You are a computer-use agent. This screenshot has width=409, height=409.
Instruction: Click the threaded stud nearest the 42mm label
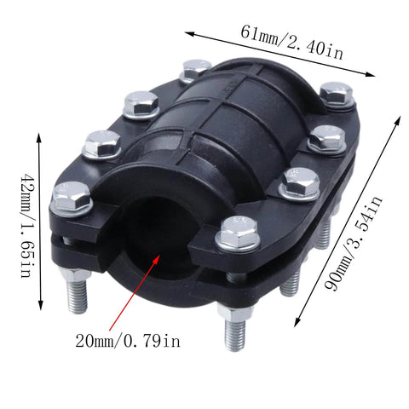75,293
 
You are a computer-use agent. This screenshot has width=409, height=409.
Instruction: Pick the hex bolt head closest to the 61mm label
197,70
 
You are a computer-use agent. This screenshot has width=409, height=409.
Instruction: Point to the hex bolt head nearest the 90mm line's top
337,93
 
